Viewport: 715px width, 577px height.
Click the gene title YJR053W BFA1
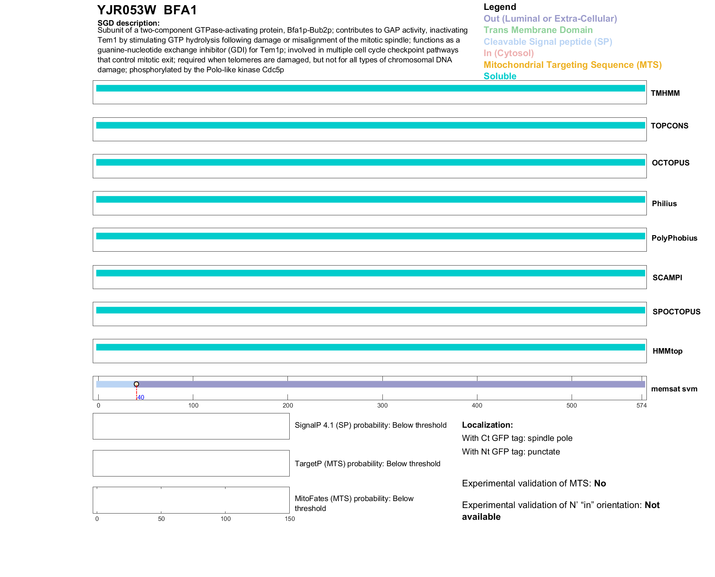pyautogui.click(x=147, y=10)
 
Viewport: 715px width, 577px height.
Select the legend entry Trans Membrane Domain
pyautogui.click(x=538, y=30)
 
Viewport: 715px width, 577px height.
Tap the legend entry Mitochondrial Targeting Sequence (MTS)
pyautogui.click(x=572, y=65)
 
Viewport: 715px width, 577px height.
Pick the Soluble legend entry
pyautogui.click(x=500, y=76)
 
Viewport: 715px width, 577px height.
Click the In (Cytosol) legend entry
pyautogui.click(x=509, y=53)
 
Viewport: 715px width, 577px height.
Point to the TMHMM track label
pyautogui.click(x=665, y=93)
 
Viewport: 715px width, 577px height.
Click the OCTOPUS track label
pyautogui.click(x=670, y=163)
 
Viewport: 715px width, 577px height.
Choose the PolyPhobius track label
pyautogui.click(x=674, y=238)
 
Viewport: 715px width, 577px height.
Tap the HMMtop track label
pyautogui.click(x=667, y=351)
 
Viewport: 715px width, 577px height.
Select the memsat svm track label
pyautogui.click(x=674, y=389)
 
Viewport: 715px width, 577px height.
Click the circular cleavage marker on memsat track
pyautogui.click(x=136, y=384)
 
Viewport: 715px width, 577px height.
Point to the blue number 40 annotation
pyautogui.click(x=141, y=397)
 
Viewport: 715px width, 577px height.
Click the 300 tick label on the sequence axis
pyautogui.click(x=382, y=405)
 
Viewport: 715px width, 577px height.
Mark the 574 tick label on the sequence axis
pyautogui.click(x=641, y=405)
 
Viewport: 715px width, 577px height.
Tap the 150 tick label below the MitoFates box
pyautogui.click(x=290, y=519)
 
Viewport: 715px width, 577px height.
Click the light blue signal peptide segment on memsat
pyautogui.click(x=115, y=384)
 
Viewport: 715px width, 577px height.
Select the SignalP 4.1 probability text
pyautogui.click(x=370, y=425)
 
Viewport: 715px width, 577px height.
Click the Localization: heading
pyautogui.click(x=487, y=425)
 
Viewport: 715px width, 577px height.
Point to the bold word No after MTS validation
pyautogui.click(x=600, y=483)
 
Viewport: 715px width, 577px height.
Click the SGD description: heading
pyautogui.click(x=128, y=23)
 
